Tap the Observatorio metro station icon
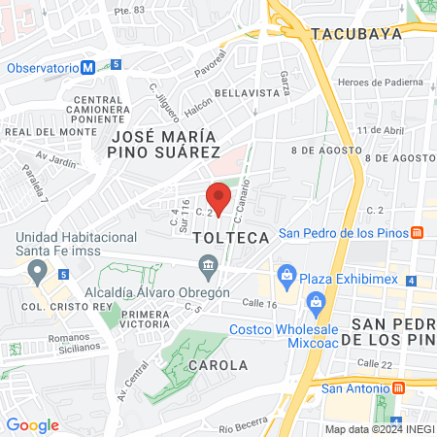[88, 68]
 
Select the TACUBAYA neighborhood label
[355, 34]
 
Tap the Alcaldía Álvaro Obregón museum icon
[207, 265]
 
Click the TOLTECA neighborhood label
[230, 237]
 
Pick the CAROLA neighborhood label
[218, 365]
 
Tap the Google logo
[32, 424]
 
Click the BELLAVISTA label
[248, 91]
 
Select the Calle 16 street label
[259, 304]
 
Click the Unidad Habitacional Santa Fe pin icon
[38, 269]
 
